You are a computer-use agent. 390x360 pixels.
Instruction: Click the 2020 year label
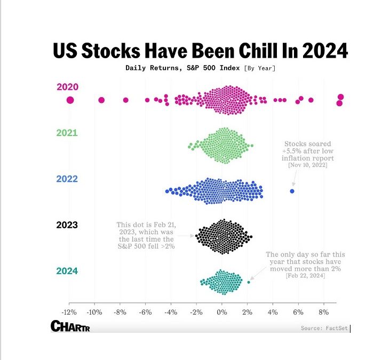67,87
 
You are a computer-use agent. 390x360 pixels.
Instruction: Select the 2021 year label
67,133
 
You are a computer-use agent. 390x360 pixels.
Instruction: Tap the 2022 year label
67,179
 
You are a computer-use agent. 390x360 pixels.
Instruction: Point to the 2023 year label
67,225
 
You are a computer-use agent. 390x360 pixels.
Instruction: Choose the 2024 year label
67,270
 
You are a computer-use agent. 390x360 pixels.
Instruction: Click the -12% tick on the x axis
68,312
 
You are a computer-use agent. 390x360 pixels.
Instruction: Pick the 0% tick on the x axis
222,312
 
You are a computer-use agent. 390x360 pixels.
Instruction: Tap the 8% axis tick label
324,312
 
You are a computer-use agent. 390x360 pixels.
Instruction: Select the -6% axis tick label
145,312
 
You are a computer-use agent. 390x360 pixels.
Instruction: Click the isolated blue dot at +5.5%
292,191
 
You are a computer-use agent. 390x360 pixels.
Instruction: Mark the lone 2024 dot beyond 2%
248,282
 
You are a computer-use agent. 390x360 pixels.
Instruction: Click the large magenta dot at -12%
70,100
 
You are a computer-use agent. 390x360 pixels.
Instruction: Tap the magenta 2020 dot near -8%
126,100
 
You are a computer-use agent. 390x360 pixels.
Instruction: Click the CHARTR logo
70,326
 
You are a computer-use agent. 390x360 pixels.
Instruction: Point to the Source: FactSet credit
324,328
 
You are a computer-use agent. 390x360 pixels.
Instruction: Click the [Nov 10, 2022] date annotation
308,166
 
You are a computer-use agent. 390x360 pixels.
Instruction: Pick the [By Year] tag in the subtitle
260,68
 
